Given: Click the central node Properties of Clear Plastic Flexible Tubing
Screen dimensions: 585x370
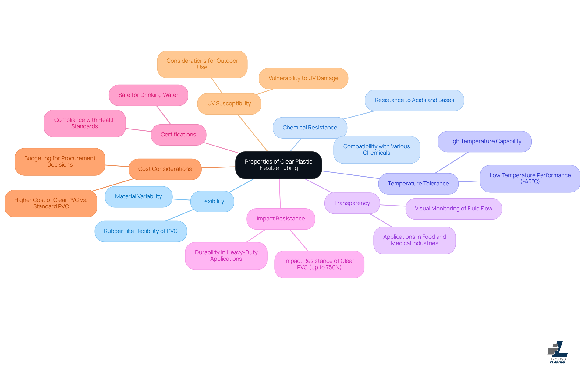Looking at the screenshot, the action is [x=278, y=165].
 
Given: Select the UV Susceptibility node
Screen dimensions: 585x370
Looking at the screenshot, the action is [x=229, y=104].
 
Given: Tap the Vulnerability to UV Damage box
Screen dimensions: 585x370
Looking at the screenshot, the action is [x=303, y=78].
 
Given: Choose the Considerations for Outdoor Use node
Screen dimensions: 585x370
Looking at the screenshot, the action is [x=202, y=64].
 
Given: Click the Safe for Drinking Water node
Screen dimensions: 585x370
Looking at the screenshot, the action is [x=148, y=95].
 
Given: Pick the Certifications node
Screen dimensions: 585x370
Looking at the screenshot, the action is [x=178, y=135].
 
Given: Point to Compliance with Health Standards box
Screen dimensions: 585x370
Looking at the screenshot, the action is [x=85, y=123].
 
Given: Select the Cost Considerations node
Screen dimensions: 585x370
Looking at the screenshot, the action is [x=165, y=169].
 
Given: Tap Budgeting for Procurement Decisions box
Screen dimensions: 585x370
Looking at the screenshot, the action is [x=60, y=161].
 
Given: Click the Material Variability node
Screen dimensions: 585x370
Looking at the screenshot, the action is [x=138, y=196].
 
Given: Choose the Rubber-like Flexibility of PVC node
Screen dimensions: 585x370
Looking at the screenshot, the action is [x=140, y=231].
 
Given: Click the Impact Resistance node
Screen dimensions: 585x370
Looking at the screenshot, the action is [x=281, y=219].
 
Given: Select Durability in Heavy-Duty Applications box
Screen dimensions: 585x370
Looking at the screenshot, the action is [x=226, y=255].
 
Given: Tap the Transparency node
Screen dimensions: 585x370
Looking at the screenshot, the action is [x=352, y=203].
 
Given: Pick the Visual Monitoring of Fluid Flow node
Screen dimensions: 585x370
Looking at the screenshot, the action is [x=453, y=209].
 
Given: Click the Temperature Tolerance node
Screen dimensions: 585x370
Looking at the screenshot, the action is [x=418, y=184].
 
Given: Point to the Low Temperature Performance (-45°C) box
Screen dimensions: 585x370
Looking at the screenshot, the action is [x=530, y=178].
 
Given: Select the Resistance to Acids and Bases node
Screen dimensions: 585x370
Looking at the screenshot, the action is [x=414, y=100].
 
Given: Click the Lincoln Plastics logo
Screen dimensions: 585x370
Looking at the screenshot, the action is [x=558, y=352].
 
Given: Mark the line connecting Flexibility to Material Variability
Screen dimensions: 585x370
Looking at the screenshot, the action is [x=182, y=199].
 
